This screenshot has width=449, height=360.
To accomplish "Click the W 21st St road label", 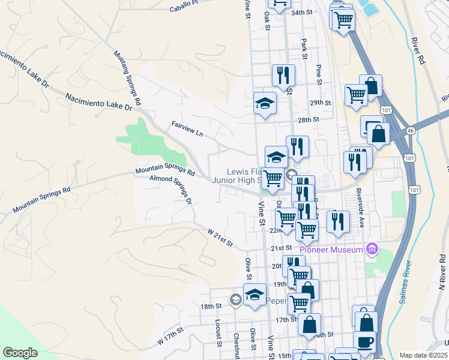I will (x=220, y=236).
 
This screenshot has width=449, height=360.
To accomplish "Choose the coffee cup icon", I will (x=365, y=343).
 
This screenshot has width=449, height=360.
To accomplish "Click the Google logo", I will (x=20, y=353).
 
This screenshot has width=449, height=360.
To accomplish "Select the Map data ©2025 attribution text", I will (x=424, y=355).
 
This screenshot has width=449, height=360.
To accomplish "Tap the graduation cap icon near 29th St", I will (x=265, y=103).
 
